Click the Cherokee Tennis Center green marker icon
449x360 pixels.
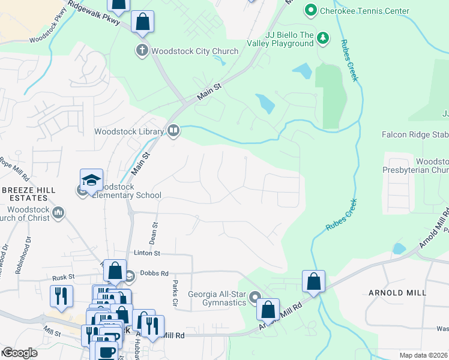coord(310,11)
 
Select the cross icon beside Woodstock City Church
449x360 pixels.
coord(142,51)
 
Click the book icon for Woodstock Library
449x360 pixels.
coord(173,131)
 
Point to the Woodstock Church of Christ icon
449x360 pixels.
coord(59,212)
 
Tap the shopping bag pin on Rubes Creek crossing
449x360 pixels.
coord(313,281)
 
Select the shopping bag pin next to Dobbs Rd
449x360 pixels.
coord(114,271)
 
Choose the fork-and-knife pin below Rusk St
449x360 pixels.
coord(61,296)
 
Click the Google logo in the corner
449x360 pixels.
coord(20,353)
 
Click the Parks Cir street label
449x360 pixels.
coord(175,294)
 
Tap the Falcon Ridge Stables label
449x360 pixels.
coord(415,135)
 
